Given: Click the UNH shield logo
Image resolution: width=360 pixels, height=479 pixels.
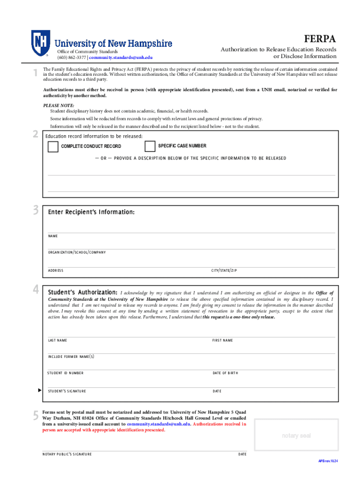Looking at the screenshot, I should click(x=41, y=43).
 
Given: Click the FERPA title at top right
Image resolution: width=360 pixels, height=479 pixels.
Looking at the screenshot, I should click(x=320, y=38).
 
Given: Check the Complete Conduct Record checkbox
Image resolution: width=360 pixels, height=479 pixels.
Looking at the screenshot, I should click(x=53, y=147).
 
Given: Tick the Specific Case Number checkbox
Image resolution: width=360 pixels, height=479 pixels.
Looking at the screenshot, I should click(x=150, y=146).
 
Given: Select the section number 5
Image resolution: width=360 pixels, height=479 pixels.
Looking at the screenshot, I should click(x=36, y=416).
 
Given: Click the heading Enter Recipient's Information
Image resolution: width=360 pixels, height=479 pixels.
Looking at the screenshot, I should click(x=91, y=212).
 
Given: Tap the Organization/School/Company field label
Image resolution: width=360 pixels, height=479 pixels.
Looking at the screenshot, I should click(x=77, y=253).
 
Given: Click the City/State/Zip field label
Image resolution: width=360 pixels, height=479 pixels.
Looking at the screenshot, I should click(x=224, y=271).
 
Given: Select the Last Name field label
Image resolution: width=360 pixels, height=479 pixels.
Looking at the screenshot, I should click(x=58, y=341).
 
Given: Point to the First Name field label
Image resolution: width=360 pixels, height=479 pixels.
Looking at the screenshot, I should click(x=223, y=341).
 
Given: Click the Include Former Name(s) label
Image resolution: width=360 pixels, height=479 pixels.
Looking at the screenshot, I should click(x=71, y=357).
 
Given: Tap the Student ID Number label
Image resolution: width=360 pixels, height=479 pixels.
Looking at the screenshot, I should click(x=65, y=373).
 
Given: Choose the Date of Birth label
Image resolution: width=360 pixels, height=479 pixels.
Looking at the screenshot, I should click(x=225, y=373).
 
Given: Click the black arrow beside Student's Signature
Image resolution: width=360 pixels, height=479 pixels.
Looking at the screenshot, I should click(x=40, y=390).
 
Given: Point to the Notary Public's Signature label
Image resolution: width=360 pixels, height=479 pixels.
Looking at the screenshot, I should click(x=67, y=454).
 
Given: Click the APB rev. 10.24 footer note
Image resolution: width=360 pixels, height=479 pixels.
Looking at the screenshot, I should click(x=328, y=461).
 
